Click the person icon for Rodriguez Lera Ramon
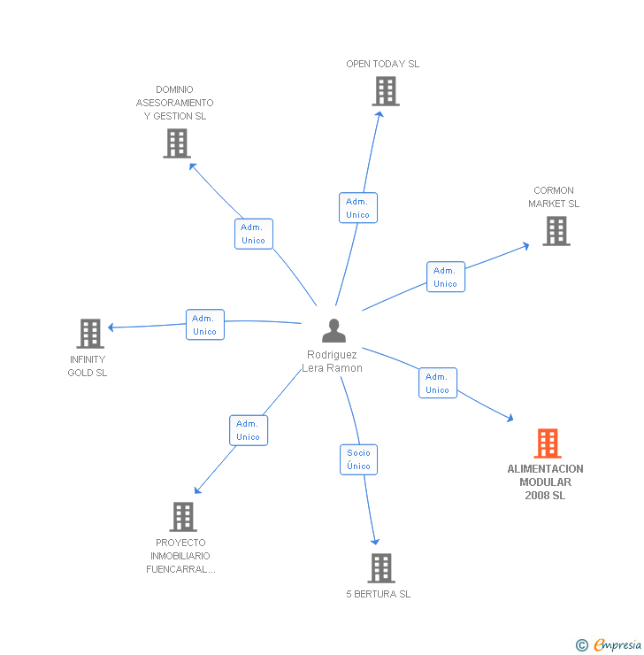(x=333, y=330)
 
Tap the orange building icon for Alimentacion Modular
(x=548, y=443)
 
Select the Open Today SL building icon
(x=385, y=91)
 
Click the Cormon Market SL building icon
(x=556, y=231)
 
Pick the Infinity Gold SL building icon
(x=89, y=334)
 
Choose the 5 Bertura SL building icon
(x=380, y=568)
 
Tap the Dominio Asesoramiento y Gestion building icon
(x=177, y=143)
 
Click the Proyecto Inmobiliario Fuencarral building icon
(x=182, y=517)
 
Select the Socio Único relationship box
(x=359, y=459)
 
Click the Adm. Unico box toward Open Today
(x=358, y=208)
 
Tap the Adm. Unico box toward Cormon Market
(x=445, y=277)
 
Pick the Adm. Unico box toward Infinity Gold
(x=204, y=325)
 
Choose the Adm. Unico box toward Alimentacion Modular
(x=437, y=383)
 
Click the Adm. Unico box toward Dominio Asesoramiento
(x=253, y=234)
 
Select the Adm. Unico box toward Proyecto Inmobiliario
(x=248, y=430)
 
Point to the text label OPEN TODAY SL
(x=382, y=64)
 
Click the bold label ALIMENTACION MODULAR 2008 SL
(x=545, y=482)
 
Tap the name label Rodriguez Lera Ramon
(x=333, y=361)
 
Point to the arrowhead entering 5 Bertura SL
(x=376, y=541)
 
